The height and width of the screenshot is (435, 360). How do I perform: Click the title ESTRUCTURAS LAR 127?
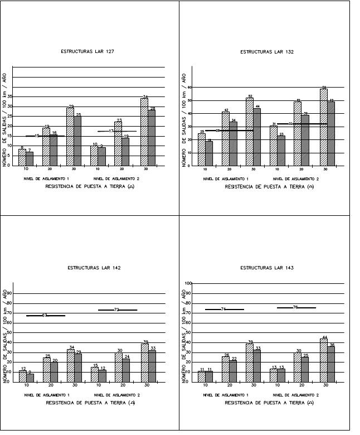pyautogui.click(x=91, y=51)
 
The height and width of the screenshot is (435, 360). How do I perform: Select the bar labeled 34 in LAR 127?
pyautogui.click(x=145, y=132)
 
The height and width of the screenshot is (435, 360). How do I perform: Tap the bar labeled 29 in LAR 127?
pyautogui.click(x=70, y=137)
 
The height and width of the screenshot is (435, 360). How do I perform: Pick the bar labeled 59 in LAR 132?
pyautogui.click(x=324, y=128)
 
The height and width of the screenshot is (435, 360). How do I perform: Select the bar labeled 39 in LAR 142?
pyautogui.click(x=145, y=362)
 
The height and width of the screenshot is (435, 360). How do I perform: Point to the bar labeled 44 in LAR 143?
pyautogui.click(x=324, y=360)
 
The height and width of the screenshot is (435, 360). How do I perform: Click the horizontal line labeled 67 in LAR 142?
pyautogui.click(x=46, y=316)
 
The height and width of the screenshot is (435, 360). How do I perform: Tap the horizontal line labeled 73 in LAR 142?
pyautogui.click(x=117, y=310)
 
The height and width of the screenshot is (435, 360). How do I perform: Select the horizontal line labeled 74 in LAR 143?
pyautogui.click(x=224, y=309)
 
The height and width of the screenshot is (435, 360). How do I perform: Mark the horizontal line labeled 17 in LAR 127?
pyautogui.click(x=117, y=131)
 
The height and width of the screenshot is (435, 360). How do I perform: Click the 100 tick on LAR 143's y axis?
pyautogui.click(x=188, y=283)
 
